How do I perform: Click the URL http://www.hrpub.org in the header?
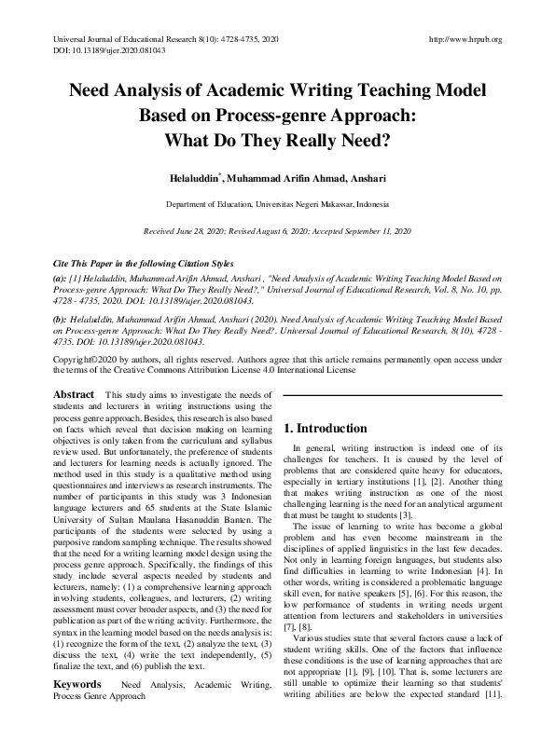click(464, 39)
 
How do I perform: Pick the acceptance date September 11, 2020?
click(375, 229)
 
